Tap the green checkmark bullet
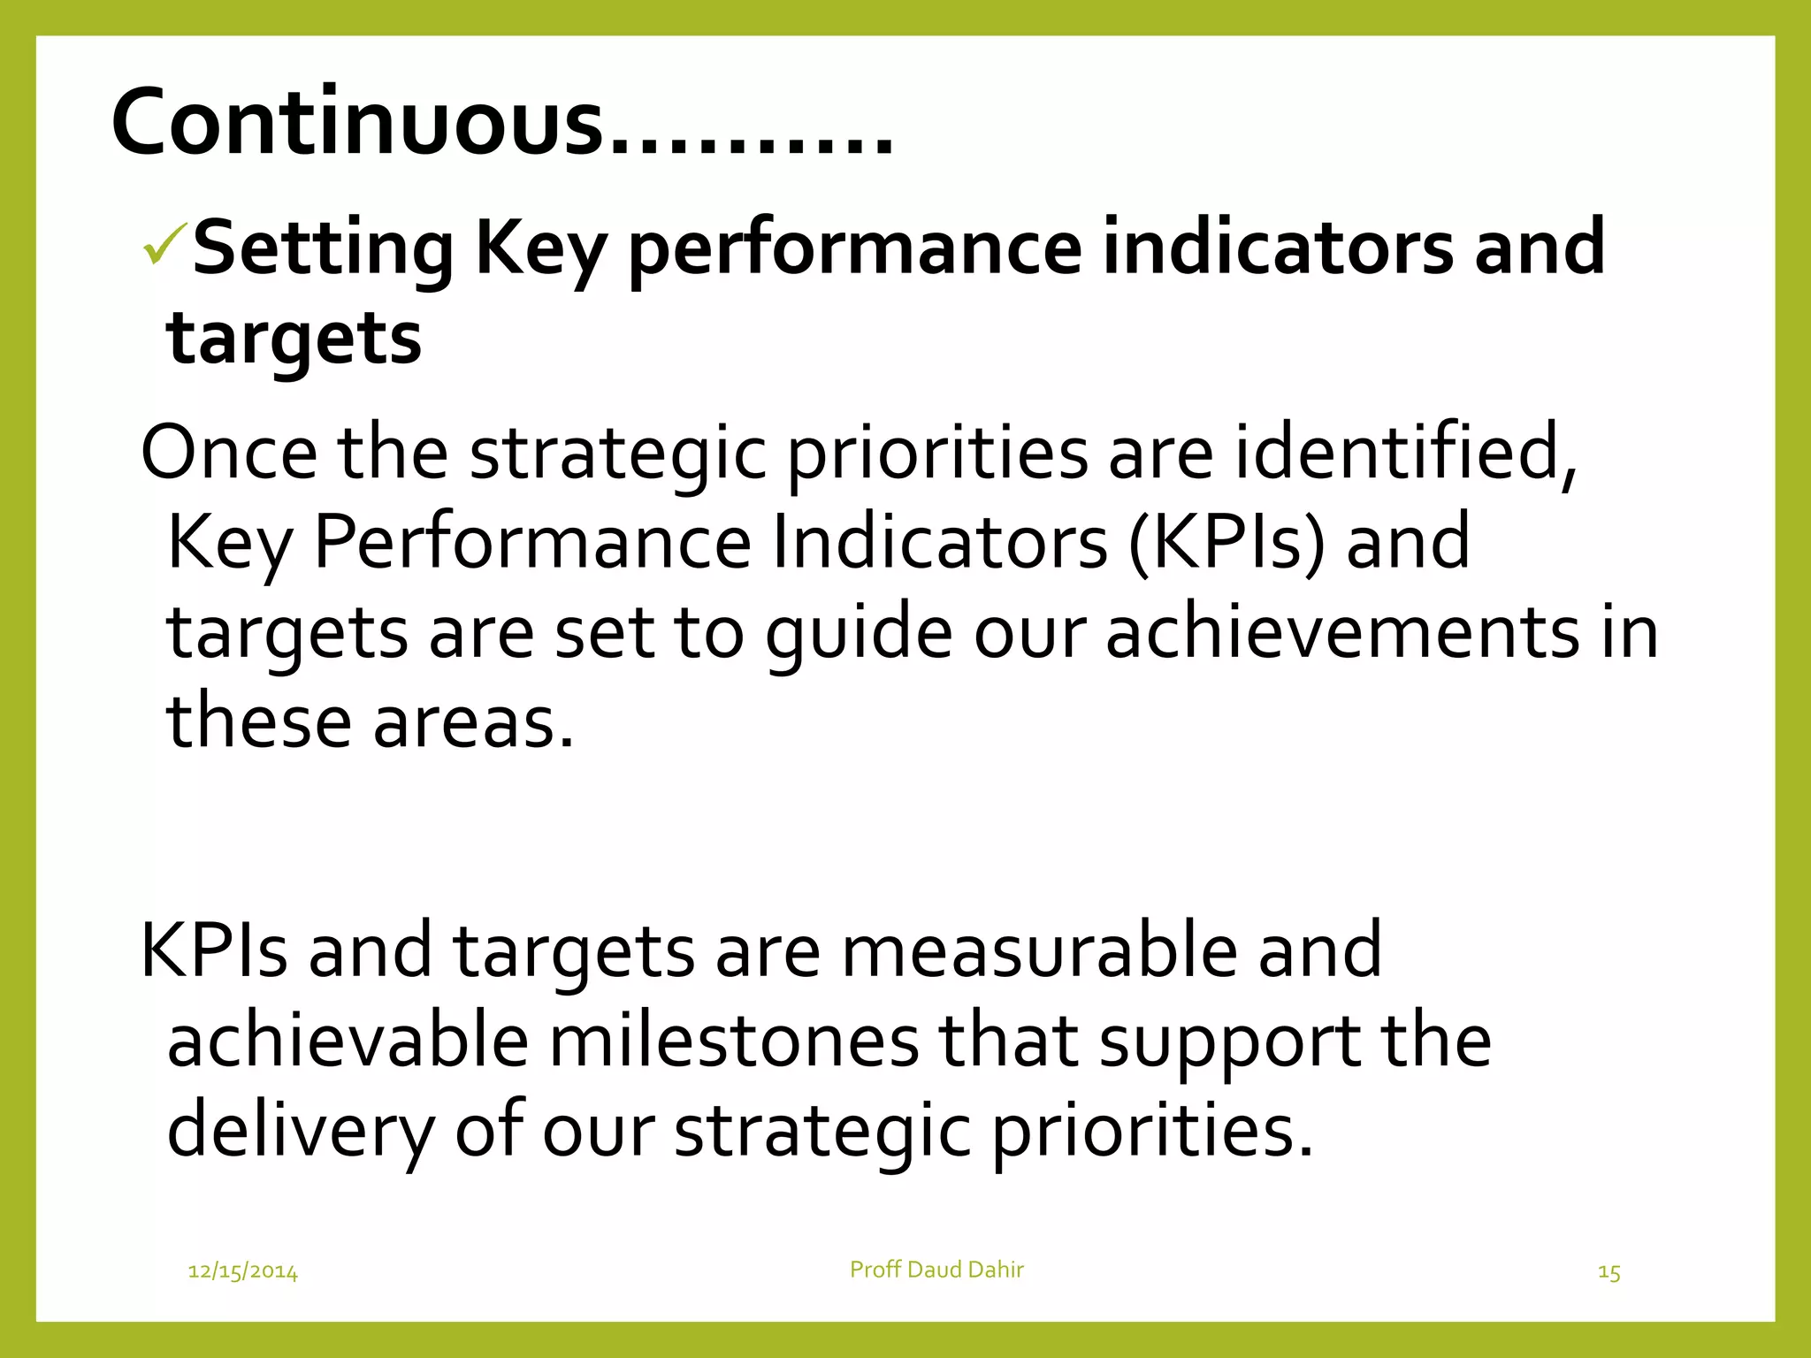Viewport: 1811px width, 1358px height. (165, 244)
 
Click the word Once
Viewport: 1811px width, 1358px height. (229, 453)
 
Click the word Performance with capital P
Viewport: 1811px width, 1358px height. (532, 542)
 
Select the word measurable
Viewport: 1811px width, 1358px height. (1038, 951)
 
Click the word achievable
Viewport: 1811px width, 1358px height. (348, 1041)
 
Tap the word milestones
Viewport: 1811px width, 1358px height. (734, 1041)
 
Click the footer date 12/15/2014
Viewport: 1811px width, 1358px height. (243, 1272)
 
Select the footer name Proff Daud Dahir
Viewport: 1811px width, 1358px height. (936, 1270)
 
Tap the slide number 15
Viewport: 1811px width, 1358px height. (1609, 1272)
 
